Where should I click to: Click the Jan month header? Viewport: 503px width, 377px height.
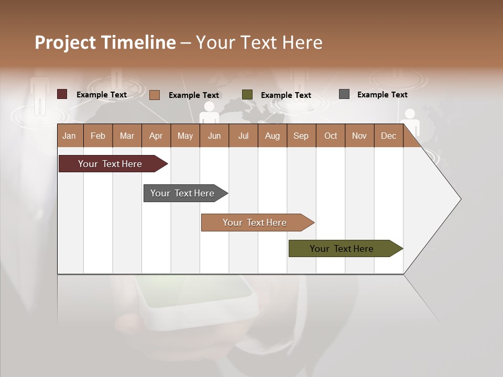[x=70, y=136]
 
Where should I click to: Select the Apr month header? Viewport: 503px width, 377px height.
[x=156, y=136]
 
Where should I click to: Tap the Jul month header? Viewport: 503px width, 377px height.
[x=243, y=136]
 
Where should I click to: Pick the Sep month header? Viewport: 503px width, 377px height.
[x=301, y=136]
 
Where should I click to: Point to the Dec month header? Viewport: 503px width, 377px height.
[x=388, y=136]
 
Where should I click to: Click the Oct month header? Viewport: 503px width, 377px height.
[x=330, y=136]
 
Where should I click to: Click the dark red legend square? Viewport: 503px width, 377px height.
[x=62, y=94]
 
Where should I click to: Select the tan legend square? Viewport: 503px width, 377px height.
[x=155, y=95]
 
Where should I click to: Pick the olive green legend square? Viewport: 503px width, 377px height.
[x=247, y=95]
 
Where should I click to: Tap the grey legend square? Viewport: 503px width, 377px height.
[x=344, y=94]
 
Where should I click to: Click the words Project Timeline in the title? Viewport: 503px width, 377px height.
[x=105, y=42]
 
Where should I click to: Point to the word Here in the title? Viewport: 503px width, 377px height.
[x=302, y=42]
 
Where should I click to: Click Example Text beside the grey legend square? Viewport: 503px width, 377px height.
[x=382, y=94]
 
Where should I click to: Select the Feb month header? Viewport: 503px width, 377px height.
[x=98, y=136]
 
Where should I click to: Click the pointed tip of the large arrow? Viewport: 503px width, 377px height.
[x=460, y=199]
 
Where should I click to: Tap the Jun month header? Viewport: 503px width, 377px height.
[x=214, y=136]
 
